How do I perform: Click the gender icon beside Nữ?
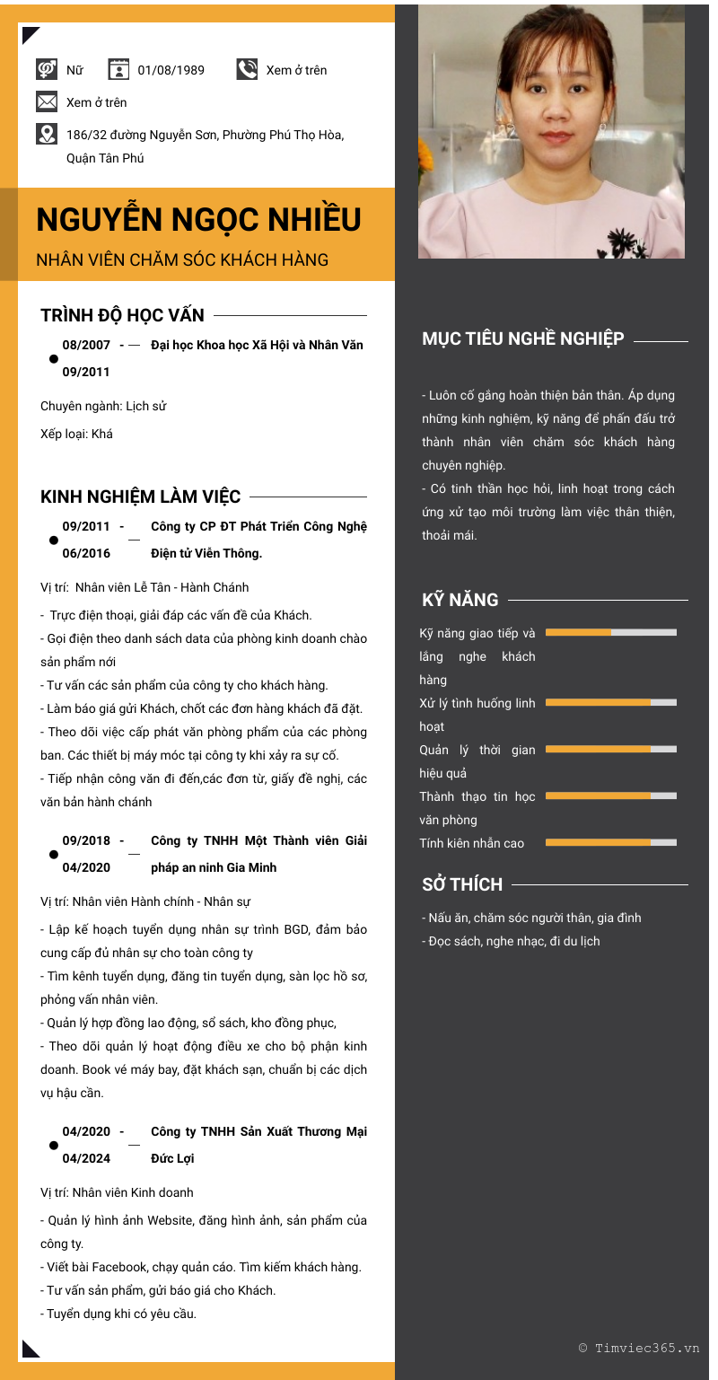(x=47, y=69)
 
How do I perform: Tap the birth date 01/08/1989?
(x=171, y=70)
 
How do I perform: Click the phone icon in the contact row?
(x=247, y=69)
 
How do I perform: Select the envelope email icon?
(x=47, y=101)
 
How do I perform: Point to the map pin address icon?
(x=47, y=134)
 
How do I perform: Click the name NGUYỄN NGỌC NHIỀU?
(x=198, y=220)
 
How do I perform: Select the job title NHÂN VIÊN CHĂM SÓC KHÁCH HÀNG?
(x=182, y=260)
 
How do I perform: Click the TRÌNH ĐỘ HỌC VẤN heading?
(x=122, y=315)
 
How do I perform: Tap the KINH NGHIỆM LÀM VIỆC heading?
(x=140, y=497)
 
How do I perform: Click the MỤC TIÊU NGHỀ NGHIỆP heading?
(x=522, y=338)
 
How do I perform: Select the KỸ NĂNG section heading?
(x=460, y=600)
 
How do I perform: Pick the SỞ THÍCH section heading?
(x=462, y=884)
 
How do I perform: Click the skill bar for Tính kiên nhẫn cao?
(x=610, y=842)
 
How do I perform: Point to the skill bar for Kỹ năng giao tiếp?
(x=610, y=632)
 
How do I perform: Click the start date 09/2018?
(x=86, y=840)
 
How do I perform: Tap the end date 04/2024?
(x=86, y=1158)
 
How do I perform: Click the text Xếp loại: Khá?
(x=76, y=434)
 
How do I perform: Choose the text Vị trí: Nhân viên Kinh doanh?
(x=117, y=1192)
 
